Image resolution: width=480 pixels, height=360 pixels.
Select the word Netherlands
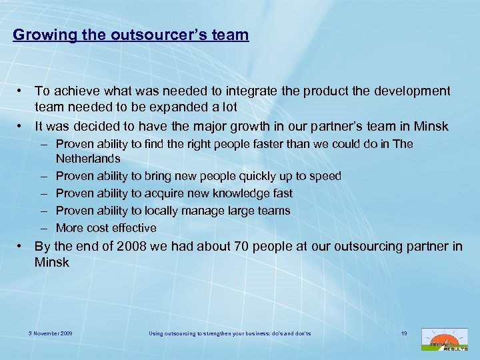tap(88, 159)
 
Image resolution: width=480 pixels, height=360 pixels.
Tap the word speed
tap(325, 176)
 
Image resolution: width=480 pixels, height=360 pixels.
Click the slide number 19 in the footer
tap(404, 332)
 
